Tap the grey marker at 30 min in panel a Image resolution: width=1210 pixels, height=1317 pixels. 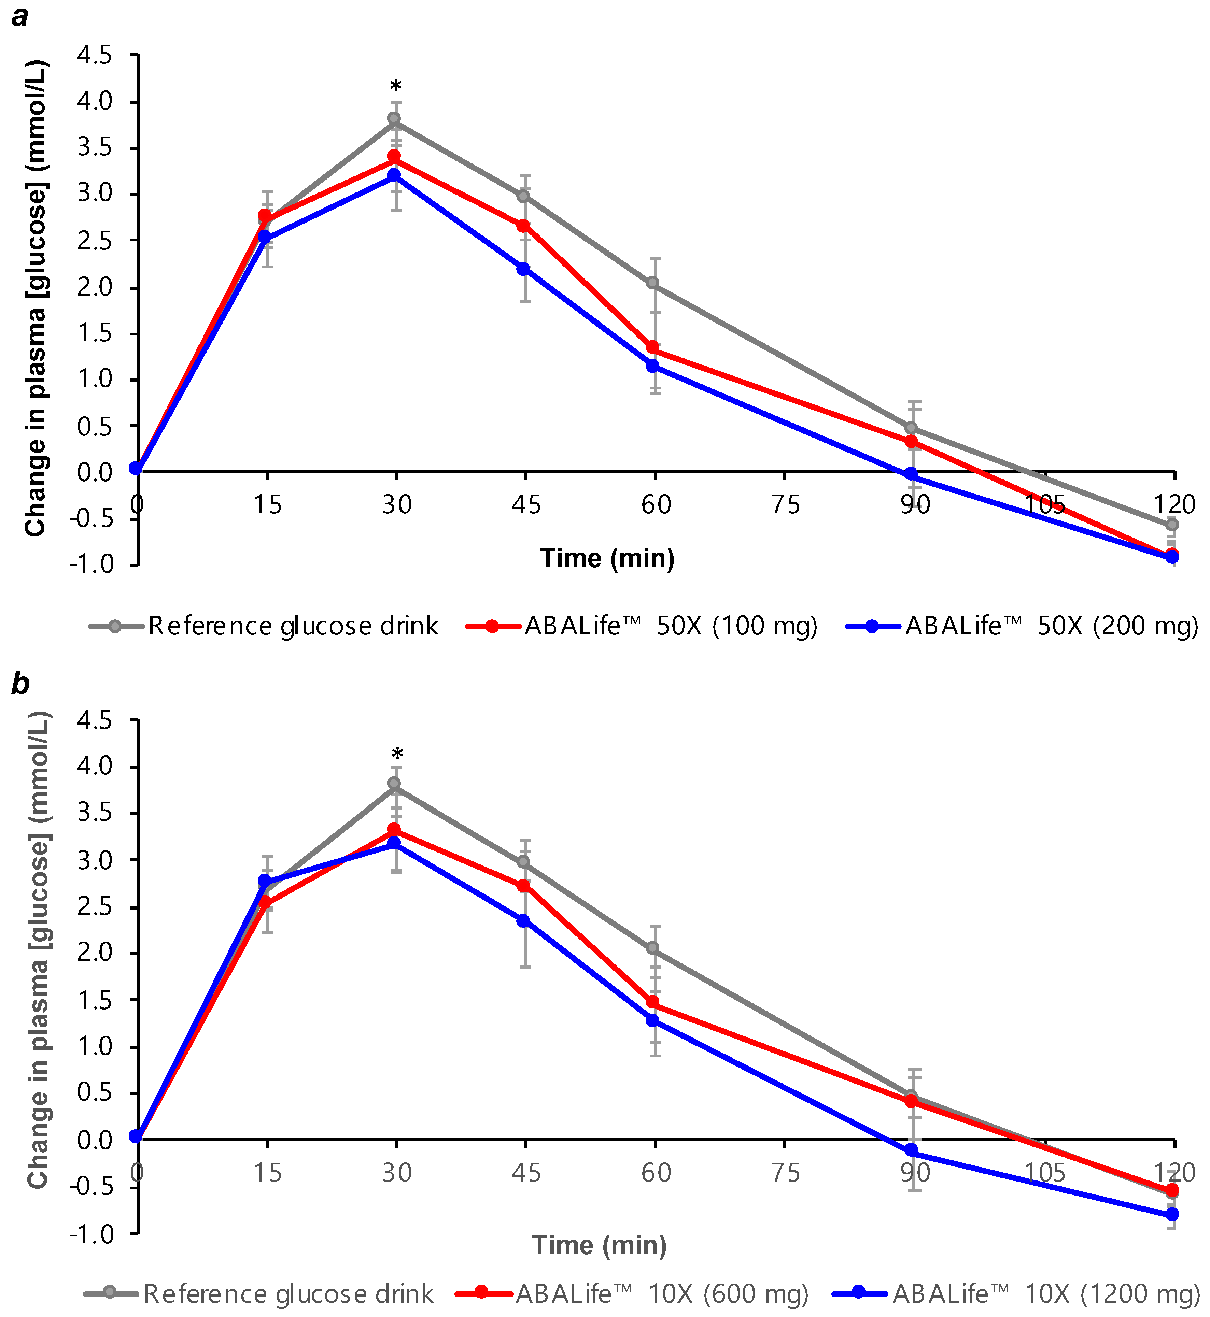394,118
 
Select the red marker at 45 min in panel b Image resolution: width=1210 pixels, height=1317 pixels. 523,886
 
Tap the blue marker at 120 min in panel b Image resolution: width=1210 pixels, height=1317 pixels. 1172,1214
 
